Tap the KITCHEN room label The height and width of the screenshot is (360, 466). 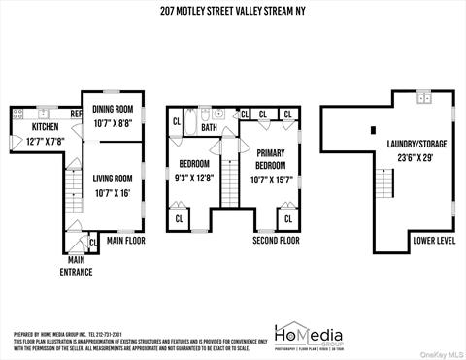pos(46,127)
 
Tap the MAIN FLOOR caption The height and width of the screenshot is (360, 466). pos(126,240)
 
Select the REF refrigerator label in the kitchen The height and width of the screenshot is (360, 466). pos(75,113)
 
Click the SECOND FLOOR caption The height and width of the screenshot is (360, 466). pos(275,240)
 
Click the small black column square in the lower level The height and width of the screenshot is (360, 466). pos(373,129)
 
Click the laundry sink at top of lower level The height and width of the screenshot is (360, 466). pos(423,98)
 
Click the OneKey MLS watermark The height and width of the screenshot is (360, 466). pos(438,352)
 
